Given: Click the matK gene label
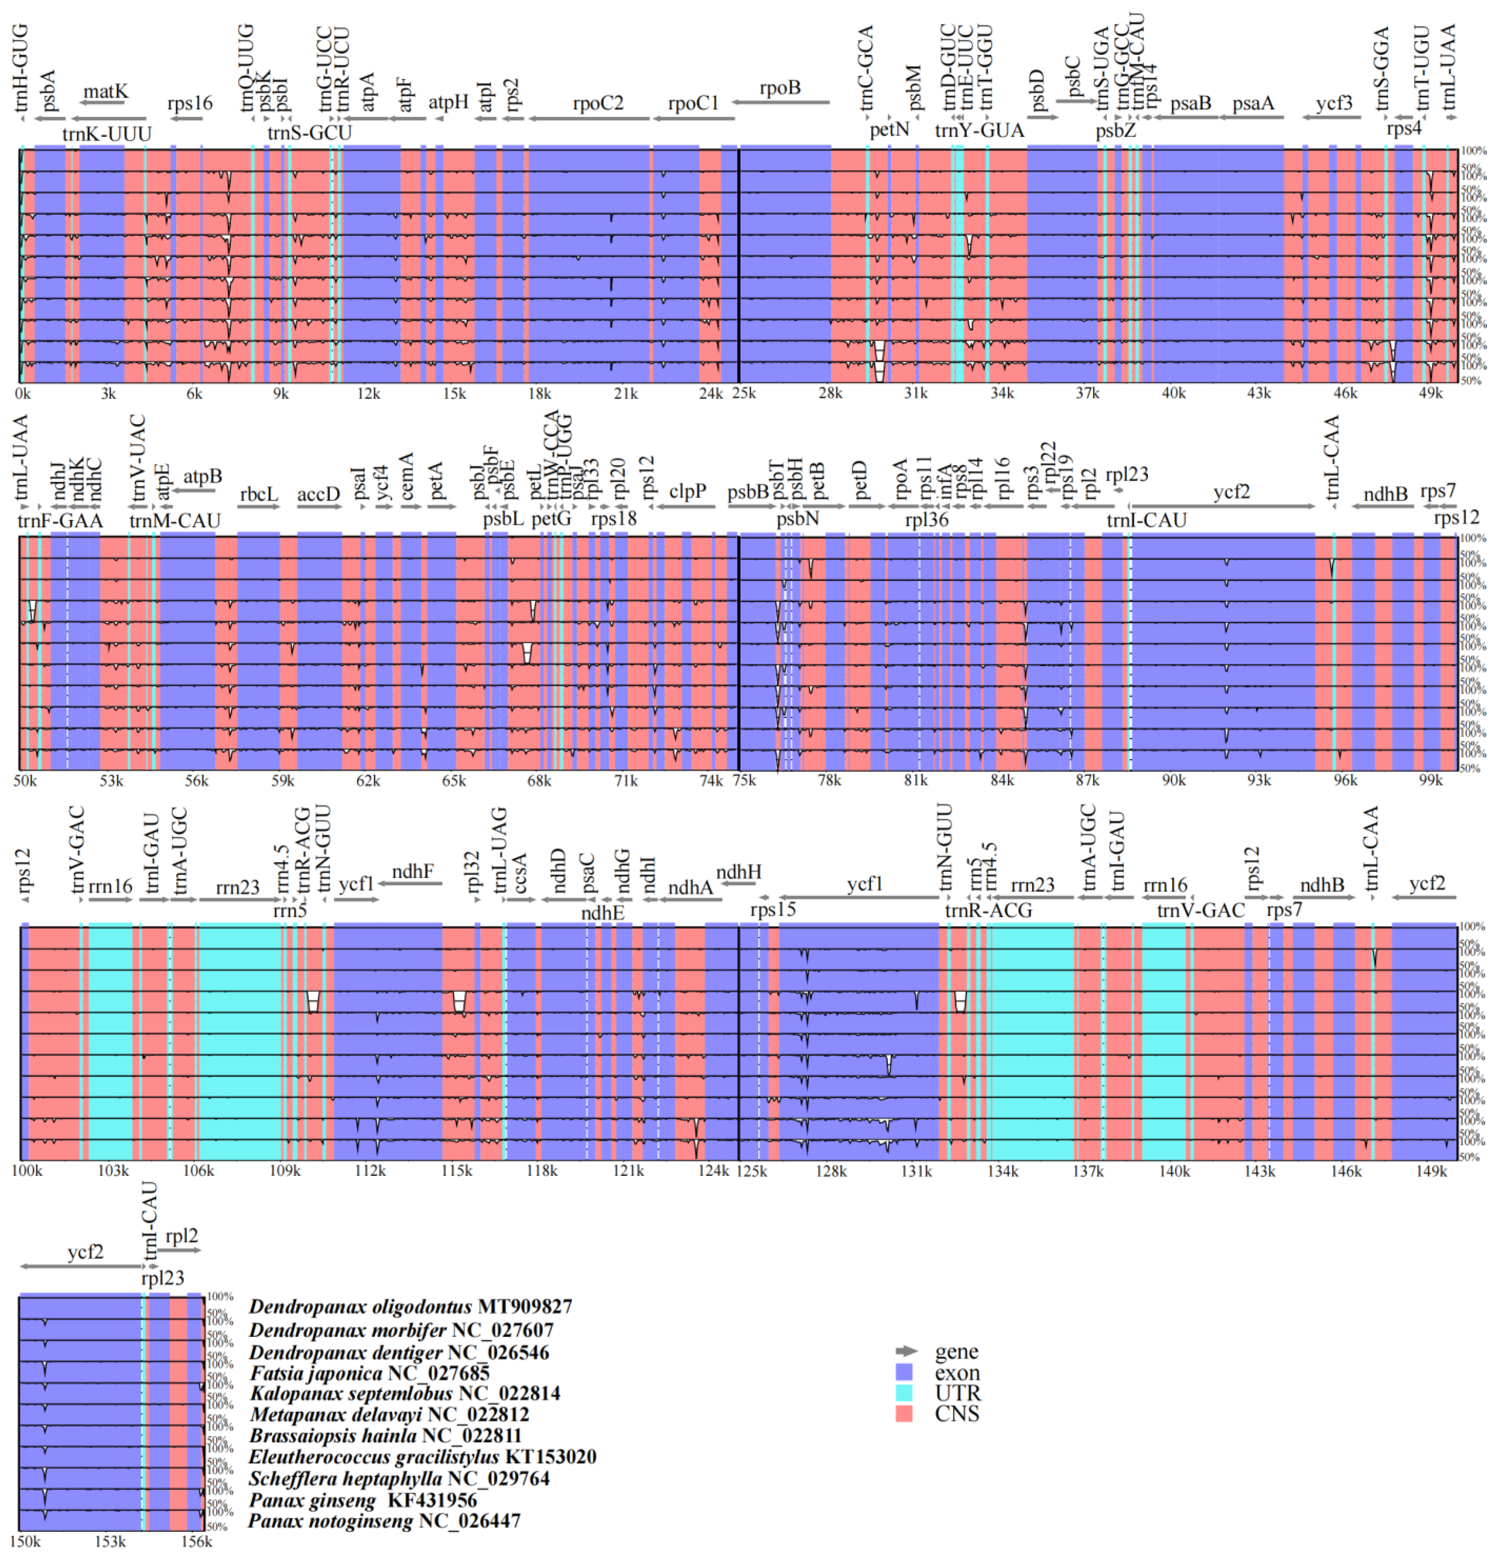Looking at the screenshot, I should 105,92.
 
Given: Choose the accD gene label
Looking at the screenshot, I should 318,494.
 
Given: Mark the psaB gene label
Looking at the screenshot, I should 1190,103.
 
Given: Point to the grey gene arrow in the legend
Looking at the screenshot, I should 905,1351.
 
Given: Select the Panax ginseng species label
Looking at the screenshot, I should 312,1500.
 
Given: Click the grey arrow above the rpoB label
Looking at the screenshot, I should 780,102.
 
